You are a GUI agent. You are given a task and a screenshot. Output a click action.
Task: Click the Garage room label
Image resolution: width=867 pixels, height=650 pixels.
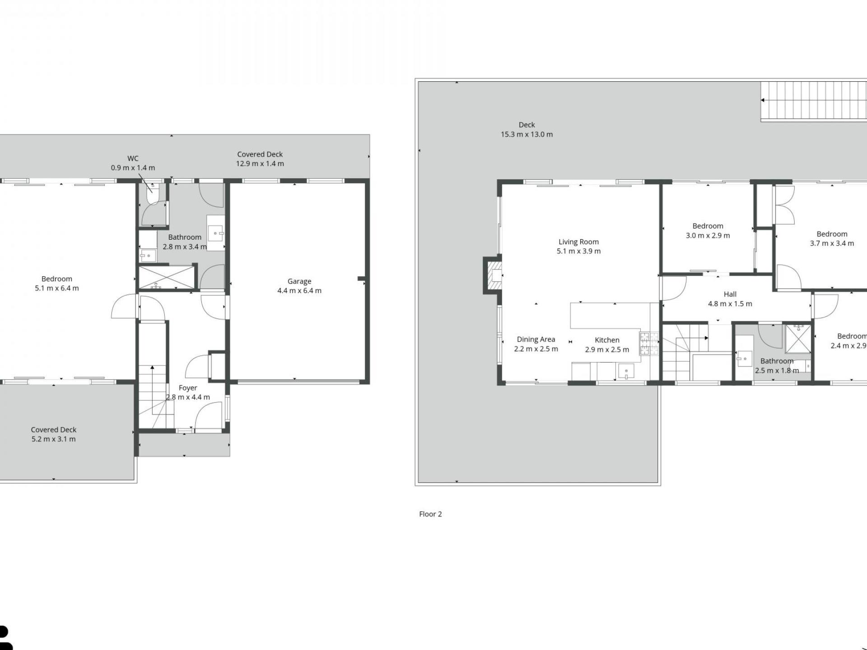tap(299, 281)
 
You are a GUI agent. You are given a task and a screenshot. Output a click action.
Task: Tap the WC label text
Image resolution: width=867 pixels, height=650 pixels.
tap(133, 158)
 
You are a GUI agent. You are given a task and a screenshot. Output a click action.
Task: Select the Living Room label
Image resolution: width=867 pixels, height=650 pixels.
tap(578, 242)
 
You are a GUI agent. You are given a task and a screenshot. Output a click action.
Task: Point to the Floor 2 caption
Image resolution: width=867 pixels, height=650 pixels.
tap(430, 514)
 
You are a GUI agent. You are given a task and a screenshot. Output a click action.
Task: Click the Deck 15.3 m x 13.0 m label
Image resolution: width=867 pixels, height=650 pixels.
tap(527, 130)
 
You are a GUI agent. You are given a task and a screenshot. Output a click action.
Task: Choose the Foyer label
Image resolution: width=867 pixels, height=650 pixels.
tap(188, 388)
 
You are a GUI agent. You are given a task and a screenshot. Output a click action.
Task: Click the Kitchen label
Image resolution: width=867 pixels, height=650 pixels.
tap(607, 340)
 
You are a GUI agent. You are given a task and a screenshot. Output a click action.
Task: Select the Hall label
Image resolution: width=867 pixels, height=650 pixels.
tap(730, 294)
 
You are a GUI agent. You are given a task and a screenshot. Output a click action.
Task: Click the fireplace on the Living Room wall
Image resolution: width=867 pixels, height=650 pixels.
tap(493, 275)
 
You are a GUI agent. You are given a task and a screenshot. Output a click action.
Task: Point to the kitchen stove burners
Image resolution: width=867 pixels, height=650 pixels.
tap(648, 344)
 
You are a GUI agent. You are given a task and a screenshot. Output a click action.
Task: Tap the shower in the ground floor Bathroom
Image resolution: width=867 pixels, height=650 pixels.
tap(166, 278)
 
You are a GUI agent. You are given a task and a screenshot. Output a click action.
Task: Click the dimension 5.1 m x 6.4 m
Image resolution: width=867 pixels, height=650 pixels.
tap(57, 288)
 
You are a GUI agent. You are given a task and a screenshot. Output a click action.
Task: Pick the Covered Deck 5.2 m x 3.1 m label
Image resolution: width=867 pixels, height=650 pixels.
tap(54, 434)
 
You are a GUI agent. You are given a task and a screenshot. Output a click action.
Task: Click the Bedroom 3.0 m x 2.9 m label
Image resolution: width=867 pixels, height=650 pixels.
tap(708, 231)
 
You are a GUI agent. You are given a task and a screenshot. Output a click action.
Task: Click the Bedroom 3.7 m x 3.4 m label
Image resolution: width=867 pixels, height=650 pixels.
tap(832, 239)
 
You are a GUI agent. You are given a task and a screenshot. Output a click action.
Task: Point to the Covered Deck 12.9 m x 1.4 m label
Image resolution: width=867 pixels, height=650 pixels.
tap(260, 159)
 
